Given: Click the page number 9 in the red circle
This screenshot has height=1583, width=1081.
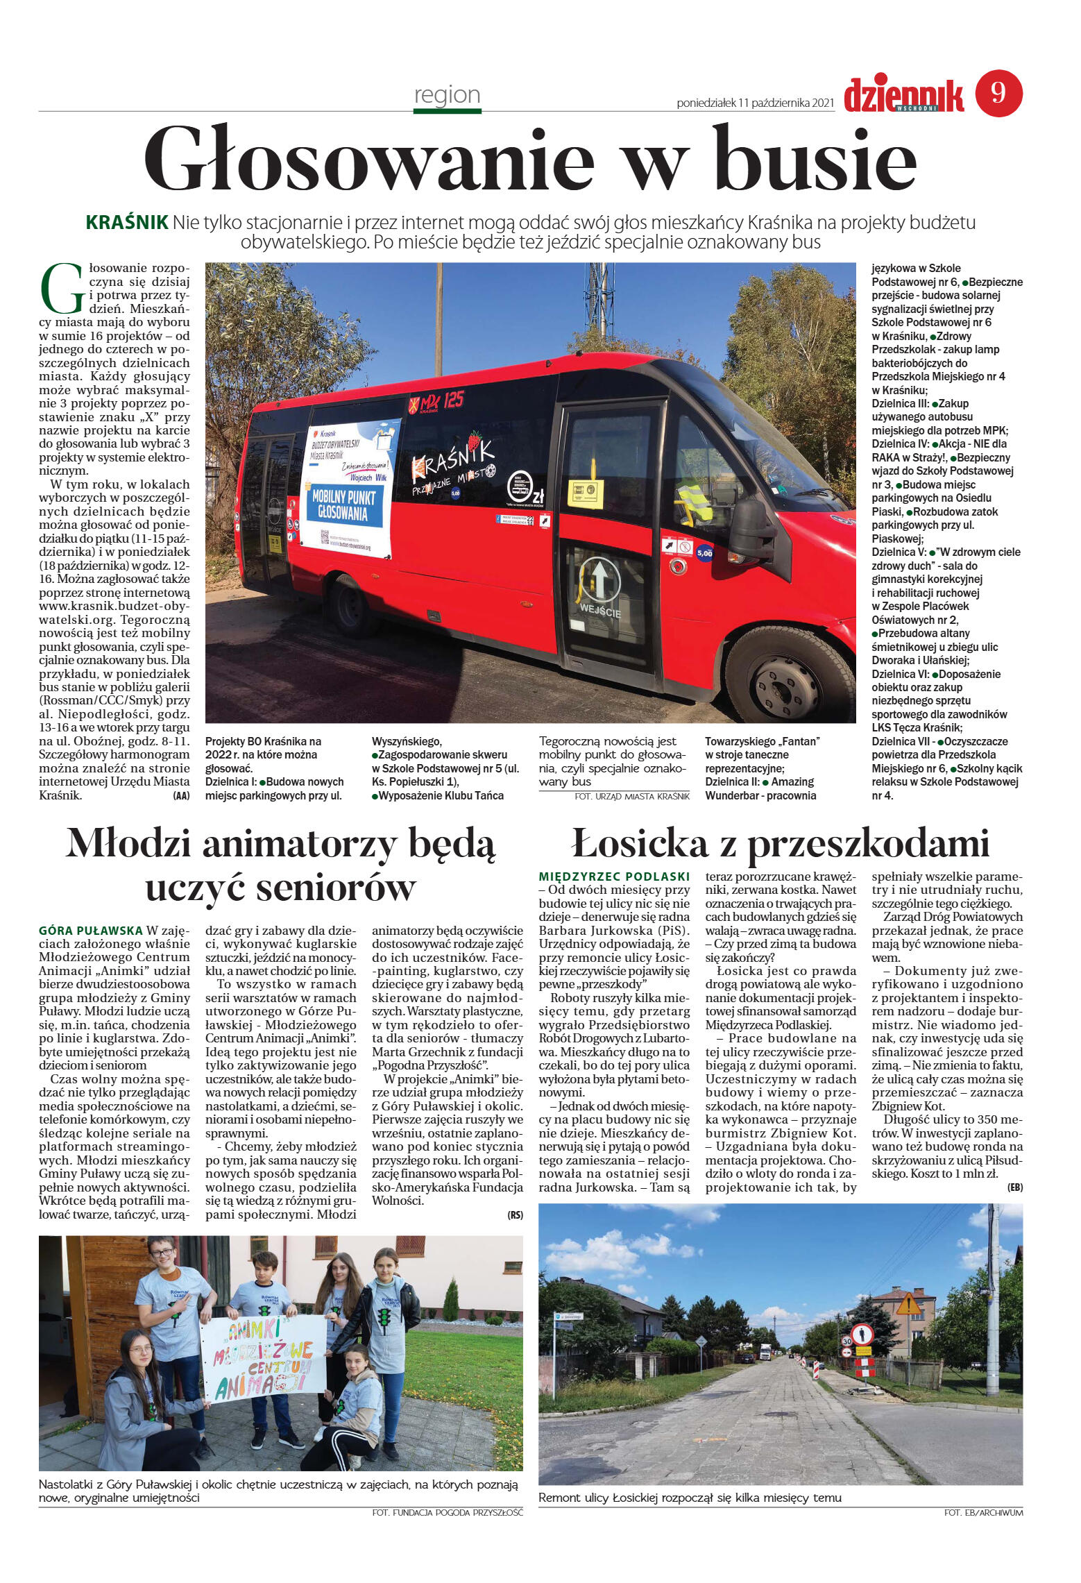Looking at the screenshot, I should (998, 93).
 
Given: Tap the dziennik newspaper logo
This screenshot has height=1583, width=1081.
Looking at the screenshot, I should (903, 96).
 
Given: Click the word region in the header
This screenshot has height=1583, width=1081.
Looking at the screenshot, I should (447, 94).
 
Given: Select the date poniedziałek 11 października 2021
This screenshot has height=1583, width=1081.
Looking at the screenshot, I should (755, 103).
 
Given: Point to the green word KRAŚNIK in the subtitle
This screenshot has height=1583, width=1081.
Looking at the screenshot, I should (127, 223).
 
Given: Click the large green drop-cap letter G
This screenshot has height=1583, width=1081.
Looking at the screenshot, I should (62, 288).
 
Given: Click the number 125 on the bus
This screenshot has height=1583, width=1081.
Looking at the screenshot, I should (454, 400).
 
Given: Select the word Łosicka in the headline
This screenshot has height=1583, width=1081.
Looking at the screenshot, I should (640, 845).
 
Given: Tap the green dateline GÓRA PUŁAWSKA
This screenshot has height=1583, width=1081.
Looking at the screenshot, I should (91, 931).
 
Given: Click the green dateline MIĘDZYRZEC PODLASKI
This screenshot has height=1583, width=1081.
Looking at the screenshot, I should (614, 877).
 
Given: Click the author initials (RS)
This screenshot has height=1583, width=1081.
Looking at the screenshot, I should (515, 1215).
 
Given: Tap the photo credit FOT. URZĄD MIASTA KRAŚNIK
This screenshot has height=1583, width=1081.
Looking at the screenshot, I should (632, 797).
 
